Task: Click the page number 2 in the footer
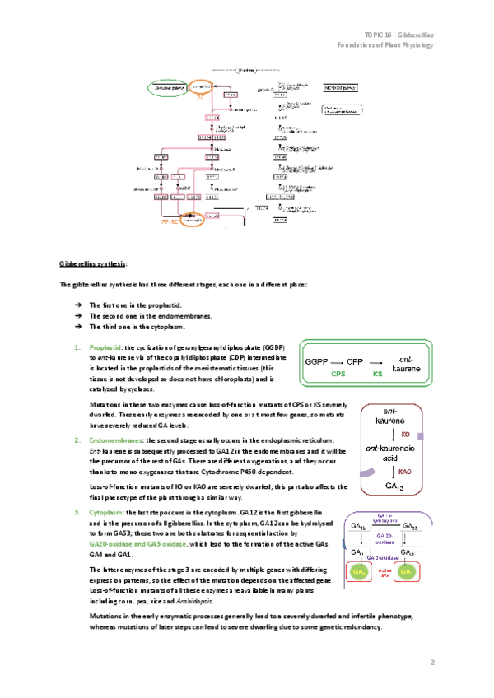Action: click(432, 661)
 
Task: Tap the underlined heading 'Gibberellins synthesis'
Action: click(93, 263)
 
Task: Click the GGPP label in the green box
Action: click(318, 361)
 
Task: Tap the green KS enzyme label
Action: click(378, 374)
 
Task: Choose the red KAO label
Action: click(405, 472)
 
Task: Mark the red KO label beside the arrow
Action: click(405, 434)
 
